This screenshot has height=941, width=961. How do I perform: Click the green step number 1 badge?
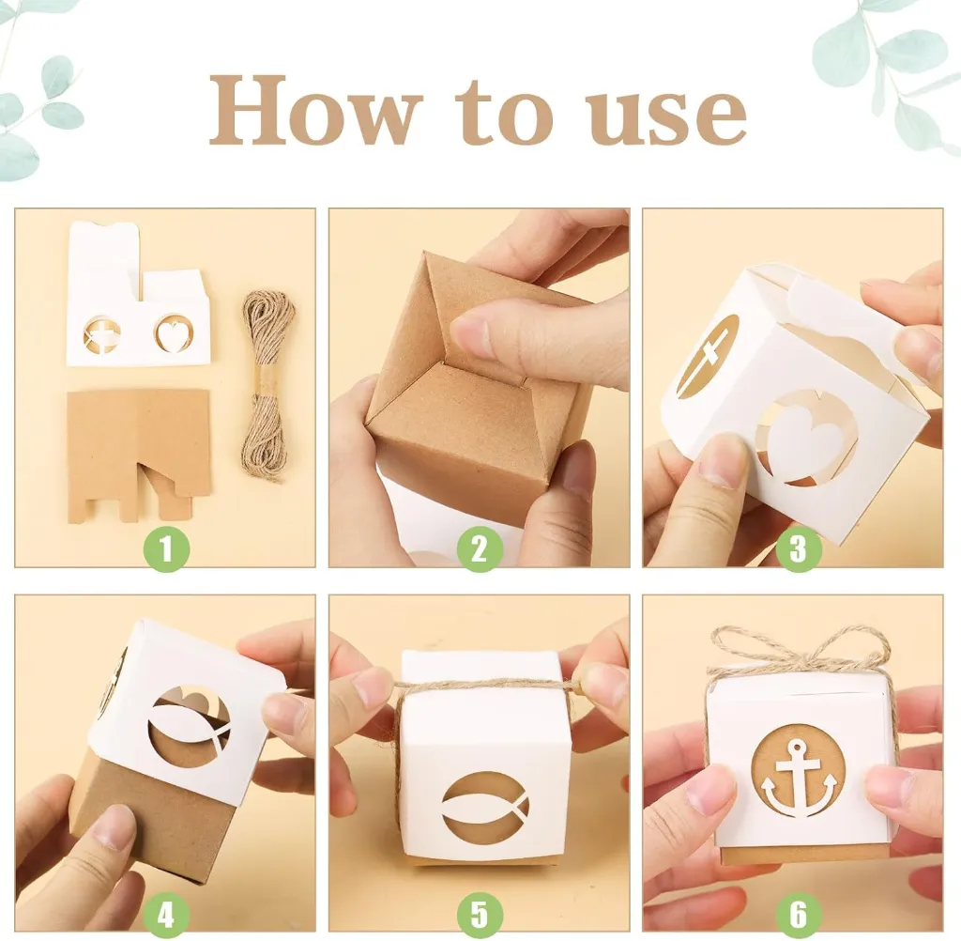pos(165,549)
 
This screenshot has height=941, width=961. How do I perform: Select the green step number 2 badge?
pos(480,549)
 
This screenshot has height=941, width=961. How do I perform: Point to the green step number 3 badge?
pos(798,549)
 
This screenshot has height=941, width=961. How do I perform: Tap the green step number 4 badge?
pos(165,917)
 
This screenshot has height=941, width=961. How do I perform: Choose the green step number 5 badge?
pos(480,917)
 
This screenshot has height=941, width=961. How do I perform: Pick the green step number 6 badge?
pos(798,917)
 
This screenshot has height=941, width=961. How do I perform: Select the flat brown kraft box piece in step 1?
pos(139,453)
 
